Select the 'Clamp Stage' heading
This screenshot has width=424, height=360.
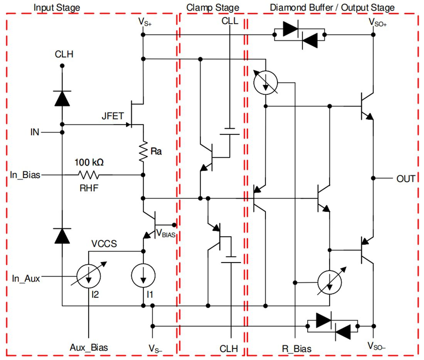tap(212, 7)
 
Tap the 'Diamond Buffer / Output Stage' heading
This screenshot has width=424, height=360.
tap(332, 7)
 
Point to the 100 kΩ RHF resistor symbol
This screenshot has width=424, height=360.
tap(88, 175)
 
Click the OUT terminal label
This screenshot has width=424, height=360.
tap(405, 179)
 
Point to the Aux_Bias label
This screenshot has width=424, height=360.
tap(89, 347)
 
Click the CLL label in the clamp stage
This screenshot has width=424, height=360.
tap(230, 21)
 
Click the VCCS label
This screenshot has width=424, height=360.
tap(104, 244)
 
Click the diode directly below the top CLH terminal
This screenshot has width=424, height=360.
tap(62, 99)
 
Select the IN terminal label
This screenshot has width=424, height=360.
tap(35, 133)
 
